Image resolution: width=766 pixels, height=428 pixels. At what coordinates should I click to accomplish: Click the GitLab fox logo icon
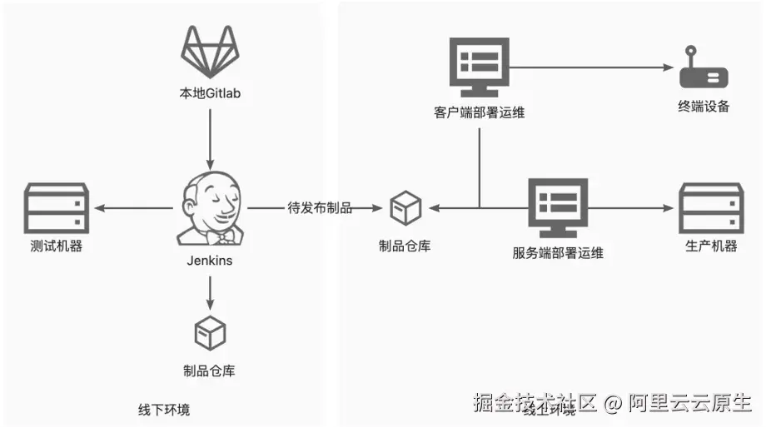click(211, 49)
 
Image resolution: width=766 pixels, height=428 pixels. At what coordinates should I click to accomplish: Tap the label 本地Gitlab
click(211, 93)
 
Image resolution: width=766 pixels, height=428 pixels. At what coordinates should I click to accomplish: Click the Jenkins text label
click(210, 261)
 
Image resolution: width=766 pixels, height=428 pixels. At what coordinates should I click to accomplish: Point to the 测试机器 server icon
click(56, 207)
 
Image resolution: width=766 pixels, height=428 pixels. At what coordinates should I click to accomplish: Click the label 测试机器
click(56, 246)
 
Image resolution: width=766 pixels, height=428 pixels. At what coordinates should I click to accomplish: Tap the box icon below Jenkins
click(209, 334)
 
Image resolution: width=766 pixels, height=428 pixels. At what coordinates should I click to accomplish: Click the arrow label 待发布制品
click(320, 208)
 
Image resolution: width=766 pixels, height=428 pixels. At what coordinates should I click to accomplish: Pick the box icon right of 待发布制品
click(405, 208)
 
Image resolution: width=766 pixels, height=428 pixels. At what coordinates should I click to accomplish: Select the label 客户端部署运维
click(480, 112)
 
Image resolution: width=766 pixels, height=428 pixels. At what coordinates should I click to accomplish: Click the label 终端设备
click(704, 107)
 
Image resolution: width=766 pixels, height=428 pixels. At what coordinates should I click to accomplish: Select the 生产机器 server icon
click(710, 207)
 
